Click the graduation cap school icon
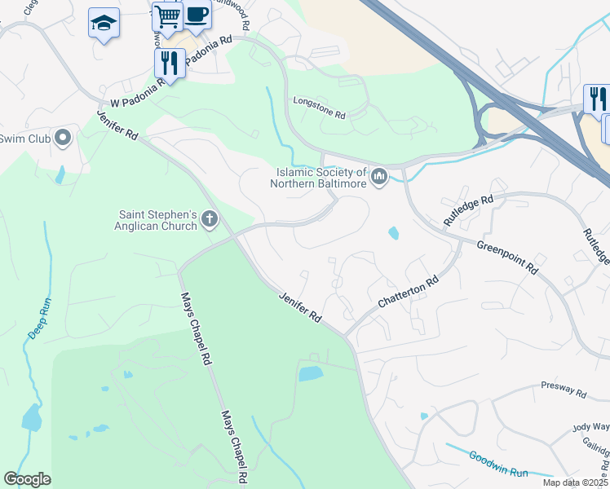point(104,23)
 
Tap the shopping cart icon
point(167,15)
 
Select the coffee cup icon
point(196,14)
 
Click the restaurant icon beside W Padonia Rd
point(170,63)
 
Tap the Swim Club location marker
point(64,139)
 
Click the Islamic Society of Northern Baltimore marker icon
point(378,176)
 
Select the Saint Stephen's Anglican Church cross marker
point(210,218)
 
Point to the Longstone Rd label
point(320,108)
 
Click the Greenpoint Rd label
point(507,256)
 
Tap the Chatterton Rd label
point(409,292)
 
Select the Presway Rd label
point(564,392)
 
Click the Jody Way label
point(590,426)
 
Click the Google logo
point(27,479)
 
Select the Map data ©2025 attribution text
point(575,482)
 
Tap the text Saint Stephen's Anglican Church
point(158,220)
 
